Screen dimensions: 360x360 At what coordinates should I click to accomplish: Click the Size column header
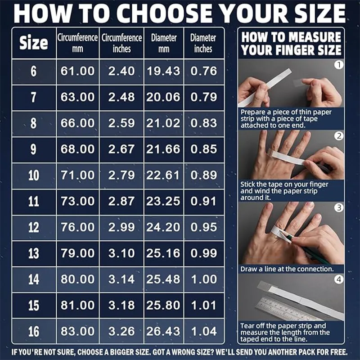point(34,43)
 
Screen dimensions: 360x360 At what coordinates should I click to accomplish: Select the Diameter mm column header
point(164,43)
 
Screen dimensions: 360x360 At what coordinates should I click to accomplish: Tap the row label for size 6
point(33,71)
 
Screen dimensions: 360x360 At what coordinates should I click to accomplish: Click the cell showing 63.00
point(77,97)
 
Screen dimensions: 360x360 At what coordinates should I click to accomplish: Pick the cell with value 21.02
point(163,123)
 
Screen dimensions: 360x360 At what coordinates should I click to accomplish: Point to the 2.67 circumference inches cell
point(121,149)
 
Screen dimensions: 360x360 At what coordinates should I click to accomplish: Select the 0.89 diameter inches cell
point(204,175)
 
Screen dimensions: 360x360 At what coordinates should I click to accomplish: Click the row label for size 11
point(33,201)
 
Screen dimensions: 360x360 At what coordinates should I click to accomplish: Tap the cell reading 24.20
point(163,227)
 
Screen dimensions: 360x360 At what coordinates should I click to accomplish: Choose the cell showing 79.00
point(77,253)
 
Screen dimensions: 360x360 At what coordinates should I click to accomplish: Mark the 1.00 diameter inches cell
point(204,279)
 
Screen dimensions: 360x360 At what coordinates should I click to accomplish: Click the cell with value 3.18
point(121,305)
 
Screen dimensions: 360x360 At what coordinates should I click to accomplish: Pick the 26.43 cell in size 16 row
point(163,331)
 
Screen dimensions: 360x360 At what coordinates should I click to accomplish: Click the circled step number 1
point(339,65)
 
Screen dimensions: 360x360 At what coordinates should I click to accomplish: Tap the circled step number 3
point(339,208)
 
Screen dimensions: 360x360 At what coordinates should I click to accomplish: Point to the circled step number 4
point(339,279)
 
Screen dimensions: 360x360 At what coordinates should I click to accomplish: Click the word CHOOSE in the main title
point(166,13)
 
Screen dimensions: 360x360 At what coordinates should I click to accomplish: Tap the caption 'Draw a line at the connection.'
point(287,269)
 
